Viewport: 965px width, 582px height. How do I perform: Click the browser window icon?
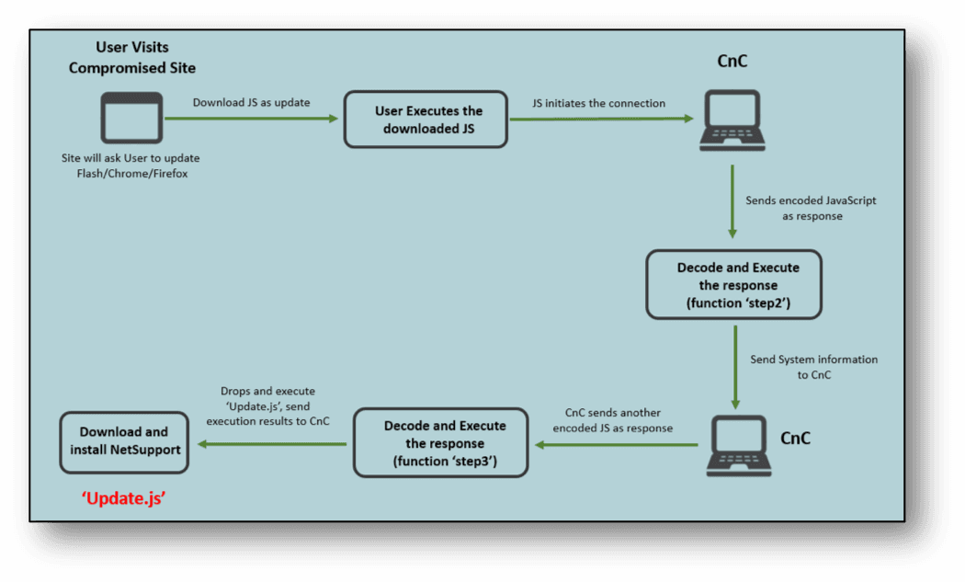[x=131, y=118]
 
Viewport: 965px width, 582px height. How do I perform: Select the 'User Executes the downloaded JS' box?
[x=426, y=120]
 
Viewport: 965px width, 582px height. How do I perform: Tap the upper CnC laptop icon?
[x=732, y=120]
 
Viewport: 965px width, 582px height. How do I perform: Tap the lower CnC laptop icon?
[x=739, y=445]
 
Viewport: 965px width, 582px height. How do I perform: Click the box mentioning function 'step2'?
[x=733, y=284]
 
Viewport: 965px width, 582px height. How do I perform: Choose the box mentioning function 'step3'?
[x=440, y=443]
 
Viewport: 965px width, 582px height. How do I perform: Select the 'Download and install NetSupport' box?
[x=124, y=442]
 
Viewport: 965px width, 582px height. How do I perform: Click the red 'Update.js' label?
[x=124, y=498]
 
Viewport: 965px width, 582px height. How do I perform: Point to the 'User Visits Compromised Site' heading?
[x=132, y=57]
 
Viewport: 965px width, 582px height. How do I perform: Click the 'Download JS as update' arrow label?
[x=251, y=102]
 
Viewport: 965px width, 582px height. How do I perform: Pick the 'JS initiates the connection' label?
[x=599, y=103]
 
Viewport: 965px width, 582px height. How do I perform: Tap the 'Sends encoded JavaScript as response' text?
[x=812, y=208]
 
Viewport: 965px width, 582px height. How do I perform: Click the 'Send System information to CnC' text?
[x=813, y=367]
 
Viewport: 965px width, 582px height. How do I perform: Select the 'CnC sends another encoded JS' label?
[x=612, y=420]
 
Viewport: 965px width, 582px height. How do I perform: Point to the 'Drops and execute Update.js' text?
[x=267, y=405]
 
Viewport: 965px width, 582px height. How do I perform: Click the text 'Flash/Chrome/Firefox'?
[x=132, y=174]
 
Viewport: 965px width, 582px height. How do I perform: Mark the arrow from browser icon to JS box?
[x=252, y=119]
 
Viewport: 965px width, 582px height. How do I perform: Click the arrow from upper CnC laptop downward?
[x=732, y=201]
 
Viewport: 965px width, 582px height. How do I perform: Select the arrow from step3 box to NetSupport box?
[x=271, y=444]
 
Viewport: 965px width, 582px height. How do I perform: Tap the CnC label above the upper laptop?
[x=732, y=61]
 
